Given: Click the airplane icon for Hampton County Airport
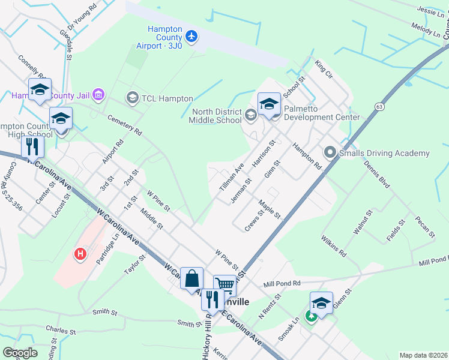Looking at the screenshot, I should coord(192,37).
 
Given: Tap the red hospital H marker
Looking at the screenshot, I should coord(79,254).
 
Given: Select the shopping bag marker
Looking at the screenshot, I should coord(191,278).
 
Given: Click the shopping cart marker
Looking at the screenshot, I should coord(224,286).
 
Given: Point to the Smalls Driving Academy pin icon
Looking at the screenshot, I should coord(330,153).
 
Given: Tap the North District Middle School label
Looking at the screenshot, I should coord(217,116).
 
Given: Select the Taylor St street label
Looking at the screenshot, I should coord(135,265).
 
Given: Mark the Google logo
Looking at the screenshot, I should coord(20,352).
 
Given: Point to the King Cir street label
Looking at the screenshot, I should coord(324,70).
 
